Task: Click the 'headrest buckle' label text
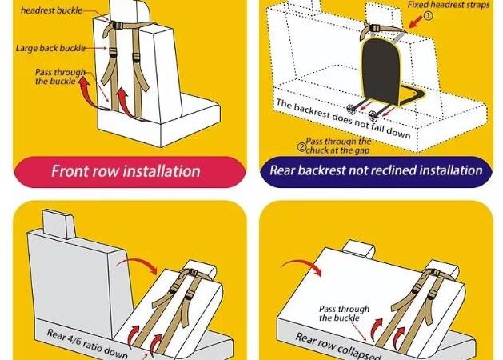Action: (x=52, y=10)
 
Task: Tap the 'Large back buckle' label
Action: (x=50, y=49)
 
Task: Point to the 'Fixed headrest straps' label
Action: (x=449, y=5)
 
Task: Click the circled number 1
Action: (x=429, y=16)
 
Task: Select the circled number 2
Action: (x=301, y=147)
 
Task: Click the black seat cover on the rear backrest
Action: (x=381, y=70)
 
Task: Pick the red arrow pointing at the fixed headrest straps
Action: (x=416, y=22)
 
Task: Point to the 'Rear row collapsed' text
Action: (x=338, y=346)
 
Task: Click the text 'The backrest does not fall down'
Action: (x=343, y=118)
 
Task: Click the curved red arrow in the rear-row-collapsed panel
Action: (x=303, y=263)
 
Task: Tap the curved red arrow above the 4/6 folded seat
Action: (x=138, y=262)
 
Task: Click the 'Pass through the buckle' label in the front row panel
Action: (x=60, y=77)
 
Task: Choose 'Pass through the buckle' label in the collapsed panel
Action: (x=344, y=314)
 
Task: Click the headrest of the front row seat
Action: (x=129, y=10)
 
